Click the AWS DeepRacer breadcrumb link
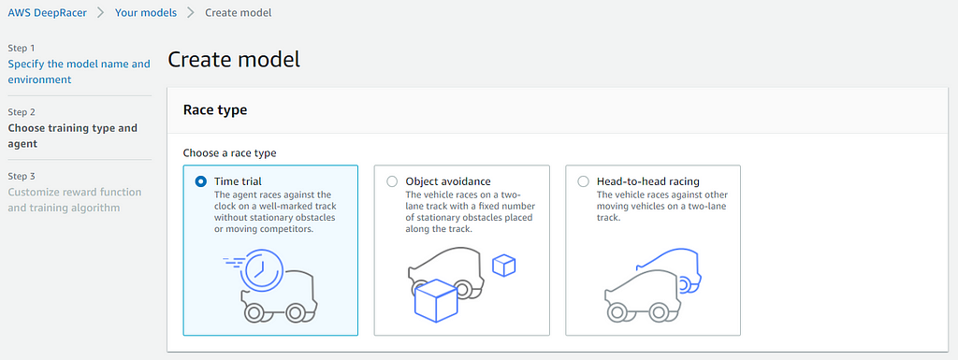[47, 13]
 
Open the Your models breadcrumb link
[146, 13]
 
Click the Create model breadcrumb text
[239, 13]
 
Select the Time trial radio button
[200, 181]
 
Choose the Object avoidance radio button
[392, 181]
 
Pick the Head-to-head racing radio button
[584, 181]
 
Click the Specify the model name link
[79, 71]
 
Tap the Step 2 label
[22, 112]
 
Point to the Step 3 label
[22, 177]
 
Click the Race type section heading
[215, 110]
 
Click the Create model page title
[234, 60]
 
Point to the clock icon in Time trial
[261, 269]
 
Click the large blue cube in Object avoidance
[436, 300]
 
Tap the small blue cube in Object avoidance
[504, 266]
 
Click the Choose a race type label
[230, 153]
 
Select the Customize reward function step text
[75, 200]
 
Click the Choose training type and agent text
[73, 137]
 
